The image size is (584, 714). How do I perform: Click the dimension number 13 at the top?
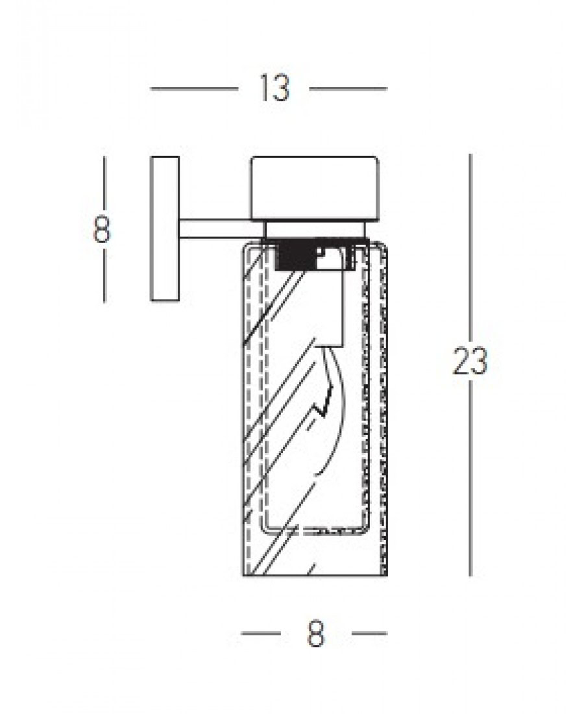point(274,88)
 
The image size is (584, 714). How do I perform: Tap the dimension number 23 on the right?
point(470,361)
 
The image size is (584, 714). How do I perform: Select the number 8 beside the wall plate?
point(101,229)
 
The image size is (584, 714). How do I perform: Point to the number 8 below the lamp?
point(316,634)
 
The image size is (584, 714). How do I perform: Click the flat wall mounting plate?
point(164,228)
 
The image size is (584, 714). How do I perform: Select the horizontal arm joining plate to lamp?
point(222,228)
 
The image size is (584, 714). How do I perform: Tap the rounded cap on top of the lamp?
point(315,189)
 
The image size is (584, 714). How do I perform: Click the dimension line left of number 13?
point(195,89)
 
